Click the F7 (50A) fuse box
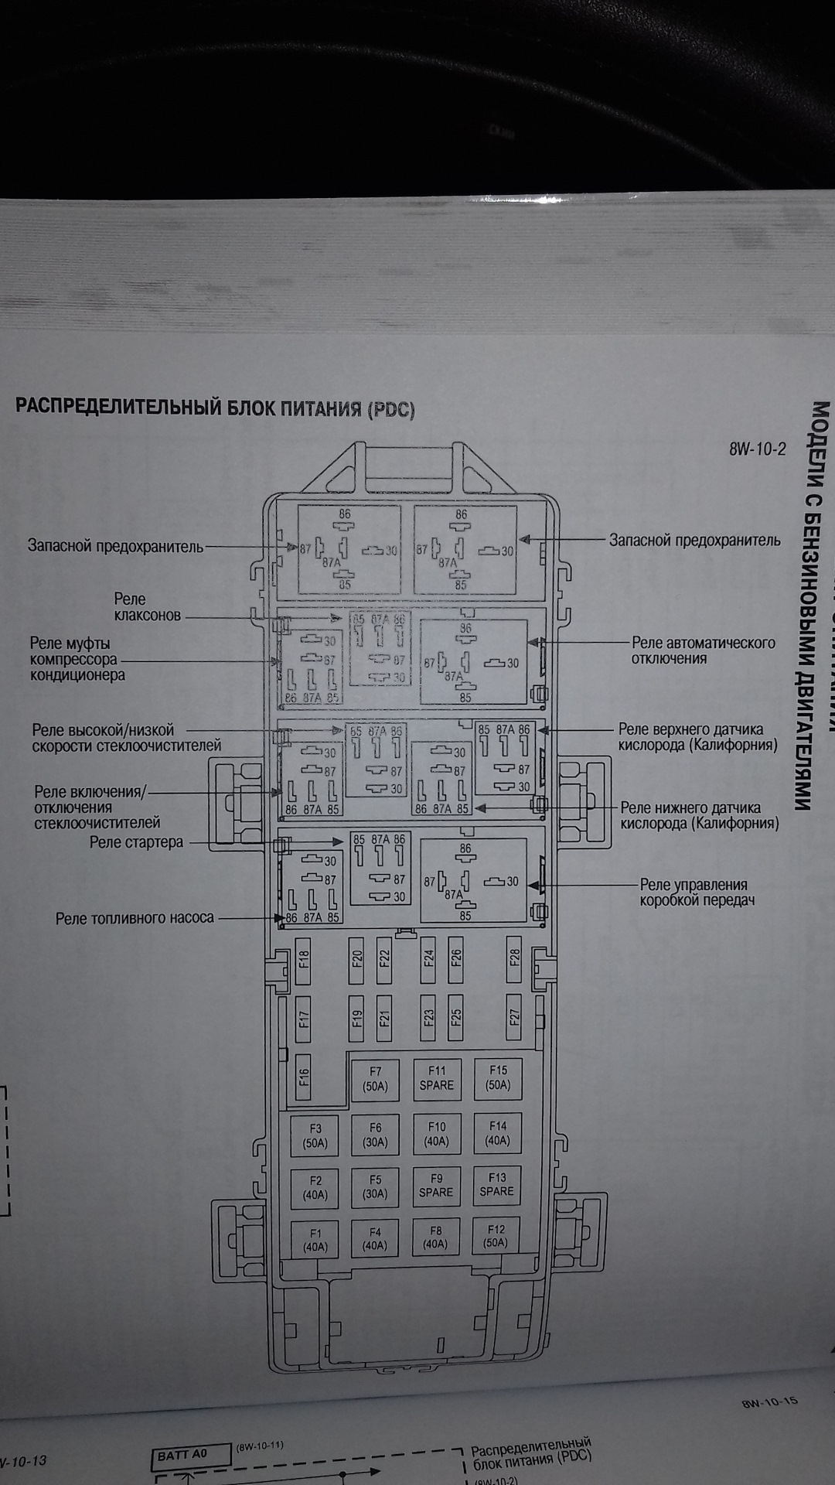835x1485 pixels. pos(375,1078)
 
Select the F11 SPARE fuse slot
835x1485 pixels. pos(437,1078)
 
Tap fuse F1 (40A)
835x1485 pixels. pos(315,1241)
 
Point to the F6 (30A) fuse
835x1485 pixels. pos(375,1135)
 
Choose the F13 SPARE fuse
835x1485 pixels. pos(496,1185)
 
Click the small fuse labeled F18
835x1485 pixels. pos(304,961)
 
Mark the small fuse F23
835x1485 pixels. pos(429,1016)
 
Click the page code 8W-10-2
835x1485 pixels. pos(757,449)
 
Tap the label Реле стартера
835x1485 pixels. pos(136,842)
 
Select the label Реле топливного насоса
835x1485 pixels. pos(135,918)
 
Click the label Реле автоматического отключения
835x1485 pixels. pos(703,650)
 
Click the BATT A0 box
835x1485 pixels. pos(189,1455)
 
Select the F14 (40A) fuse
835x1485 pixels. pos(497,1134)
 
